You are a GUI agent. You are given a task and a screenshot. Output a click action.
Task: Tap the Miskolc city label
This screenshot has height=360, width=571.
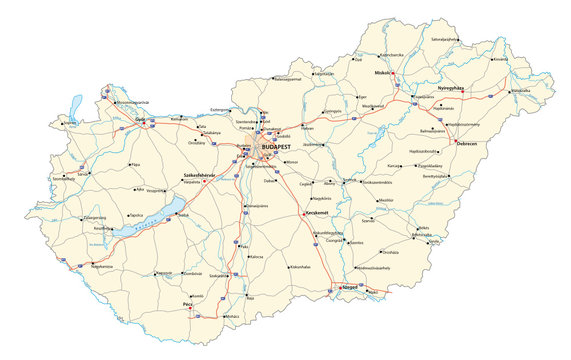[384, 73]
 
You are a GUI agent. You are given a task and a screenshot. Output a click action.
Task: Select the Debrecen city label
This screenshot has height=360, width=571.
[466, 143]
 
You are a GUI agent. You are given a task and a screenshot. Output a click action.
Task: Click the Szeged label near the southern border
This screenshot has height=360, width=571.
[349, 287]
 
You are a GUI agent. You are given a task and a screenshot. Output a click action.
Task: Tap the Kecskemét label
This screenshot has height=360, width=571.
[317, 216]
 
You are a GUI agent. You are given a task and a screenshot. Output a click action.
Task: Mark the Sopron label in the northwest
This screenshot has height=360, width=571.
[69, 125]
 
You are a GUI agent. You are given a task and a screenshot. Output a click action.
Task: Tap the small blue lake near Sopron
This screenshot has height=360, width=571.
[76, 105]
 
